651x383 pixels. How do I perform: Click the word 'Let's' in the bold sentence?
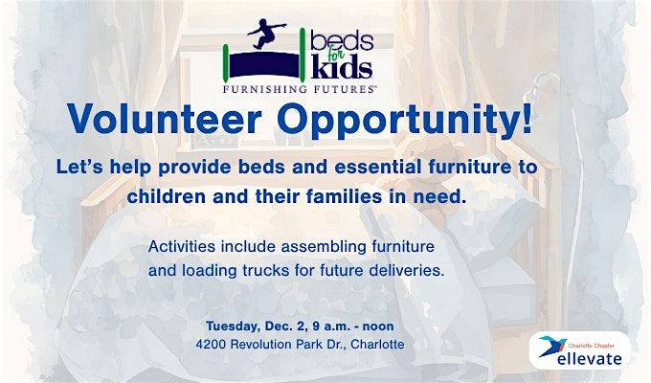tap(79, 168)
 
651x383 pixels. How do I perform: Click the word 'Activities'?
tap(183, 246)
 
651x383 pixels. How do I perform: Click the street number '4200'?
tap(213, 343)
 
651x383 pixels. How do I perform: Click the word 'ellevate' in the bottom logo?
tap(589, 358)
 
